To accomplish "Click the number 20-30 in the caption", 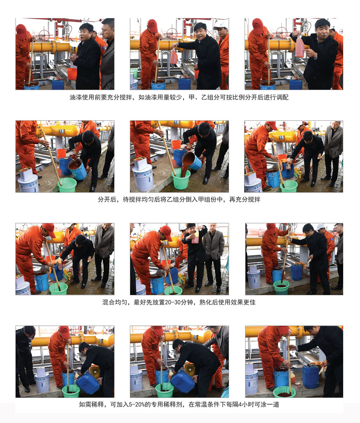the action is [173, 302].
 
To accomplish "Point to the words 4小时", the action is [243, 404].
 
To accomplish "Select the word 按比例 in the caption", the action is [235, 97].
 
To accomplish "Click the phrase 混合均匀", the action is [115, 302].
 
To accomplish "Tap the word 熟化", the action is [205, 302].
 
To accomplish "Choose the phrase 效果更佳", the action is [243, 302].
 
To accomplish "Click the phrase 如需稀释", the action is [91, 404].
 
